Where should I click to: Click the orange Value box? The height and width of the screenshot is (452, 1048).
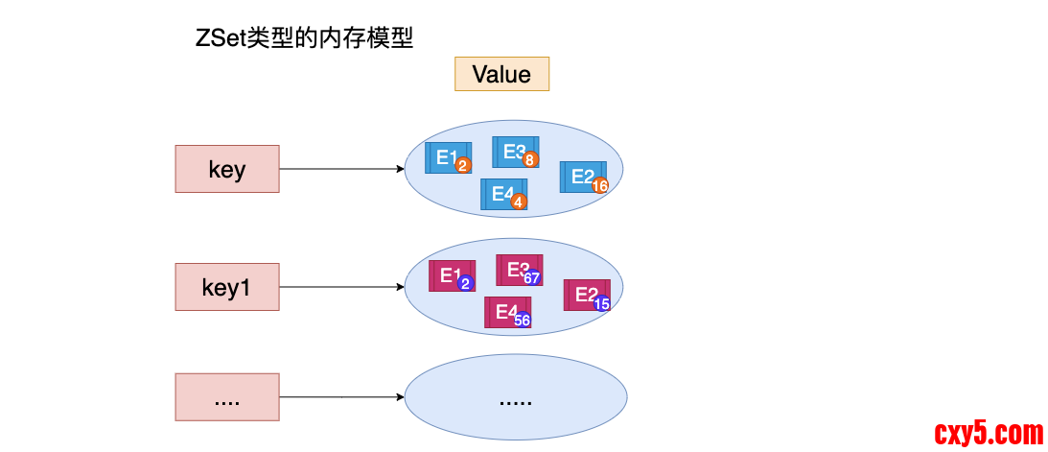(x=501, y=74)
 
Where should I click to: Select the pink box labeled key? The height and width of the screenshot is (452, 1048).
(x=227, y=169)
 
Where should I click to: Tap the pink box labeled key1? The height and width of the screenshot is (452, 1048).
(x=227, y=286)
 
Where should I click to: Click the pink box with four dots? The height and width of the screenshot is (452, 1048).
(x=227, y=396)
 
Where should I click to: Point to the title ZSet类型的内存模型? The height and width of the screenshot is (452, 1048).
(x=304, y=39)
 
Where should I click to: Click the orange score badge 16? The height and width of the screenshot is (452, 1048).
(x=601, y=186)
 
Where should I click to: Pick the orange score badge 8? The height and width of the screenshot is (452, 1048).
(x=530, y=160)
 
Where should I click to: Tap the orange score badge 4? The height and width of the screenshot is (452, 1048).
(x=519, y=202)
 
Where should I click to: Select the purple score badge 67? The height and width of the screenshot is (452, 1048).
(x=532, y=278)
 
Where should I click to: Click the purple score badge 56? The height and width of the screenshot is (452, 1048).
(x=523, y=321)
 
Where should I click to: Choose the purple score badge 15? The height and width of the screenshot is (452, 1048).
(x=602, y=303)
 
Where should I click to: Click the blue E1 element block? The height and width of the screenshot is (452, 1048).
(x=445, y=157)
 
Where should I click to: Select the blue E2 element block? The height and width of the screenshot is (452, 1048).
(x=581, y=176)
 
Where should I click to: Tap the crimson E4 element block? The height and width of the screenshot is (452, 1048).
(x=504, y=311)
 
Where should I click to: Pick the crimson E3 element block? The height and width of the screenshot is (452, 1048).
(x=517, y=269)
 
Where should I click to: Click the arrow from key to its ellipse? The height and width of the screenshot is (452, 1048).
(x=341, y=169)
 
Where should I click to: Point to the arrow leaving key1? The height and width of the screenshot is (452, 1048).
(x=341, y=286)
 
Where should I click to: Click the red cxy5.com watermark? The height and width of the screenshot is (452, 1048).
(x=989, y=434)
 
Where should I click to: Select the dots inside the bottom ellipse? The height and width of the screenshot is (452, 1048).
(x=515, y=398)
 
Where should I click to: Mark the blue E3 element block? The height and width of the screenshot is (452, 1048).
(x=513, y=151)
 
